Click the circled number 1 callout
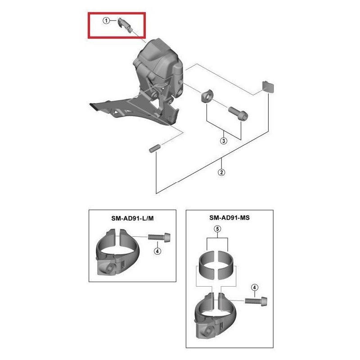106,21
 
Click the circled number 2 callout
222,172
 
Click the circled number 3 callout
224,141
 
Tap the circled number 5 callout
218,229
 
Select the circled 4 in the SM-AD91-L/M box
157,251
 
